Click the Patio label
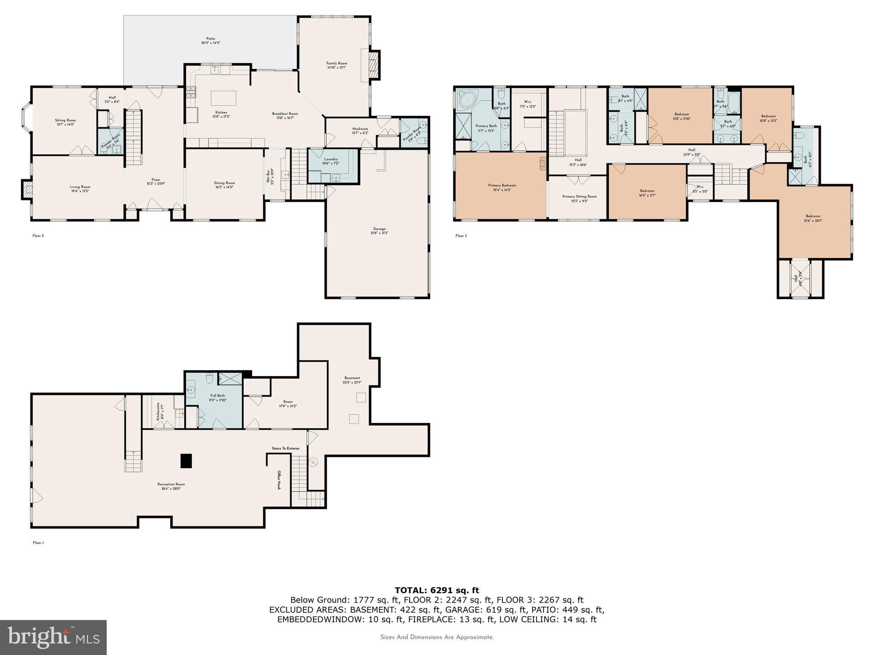(x=210, y=41)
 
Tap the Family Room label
(x=336, y=65)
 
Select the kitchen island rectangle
(x=224, y=98)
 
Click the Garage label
(x=379, y=231)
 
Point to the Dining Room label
(x=224, y=185)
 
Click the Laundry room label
(x=331, y=161)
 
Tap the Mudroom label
(x=360, y=130)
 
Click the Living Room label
(x=80, y=188)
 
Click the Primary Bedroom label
(x=502, y=187)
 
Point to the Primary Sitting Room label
(x=579, y=198)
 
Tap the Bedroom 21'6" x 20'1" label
(x=813, y=218)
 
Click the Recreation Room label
(x=171, y=486)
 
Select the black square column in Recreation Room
(x=186, y=461)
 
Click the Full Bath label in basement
(x=217, y=397)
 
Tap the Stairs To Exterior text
(x=286, y=448)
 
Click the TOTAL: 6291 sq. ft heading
(x=437, y=590)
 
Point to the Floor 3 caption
(x=461, y=235)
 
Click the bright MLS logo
(x=53, y=637)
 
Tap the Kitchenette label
(x=158, y=412)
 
